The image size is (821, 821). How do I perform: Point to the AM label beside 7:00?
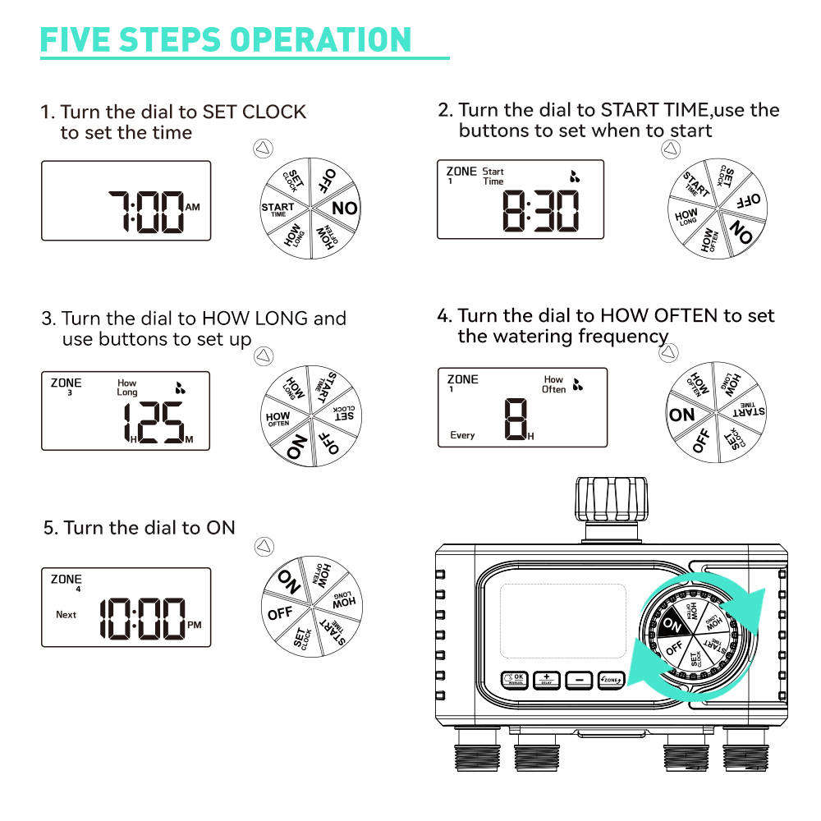(x=193, y=208)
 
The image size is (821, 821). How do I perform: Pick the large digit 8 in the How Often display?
(x=515, y=419)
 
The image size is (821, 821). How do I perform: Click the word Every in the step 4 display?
(x=462, y=435)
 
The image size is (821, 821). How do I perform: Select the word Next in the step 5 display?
(x=66, y=614)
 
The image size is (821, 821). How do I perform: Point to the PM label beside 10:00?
(x=194, y=625)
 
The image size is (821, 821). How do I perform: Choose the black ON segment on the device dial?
(x=672, y=625)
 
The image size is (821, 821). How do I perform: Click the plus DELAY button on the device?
(x=546, y=680)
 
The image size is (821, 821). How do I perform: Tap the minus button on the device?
(x=579, y=680)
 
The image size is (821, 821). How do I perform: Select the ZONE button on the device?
(x=611, y=680)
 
